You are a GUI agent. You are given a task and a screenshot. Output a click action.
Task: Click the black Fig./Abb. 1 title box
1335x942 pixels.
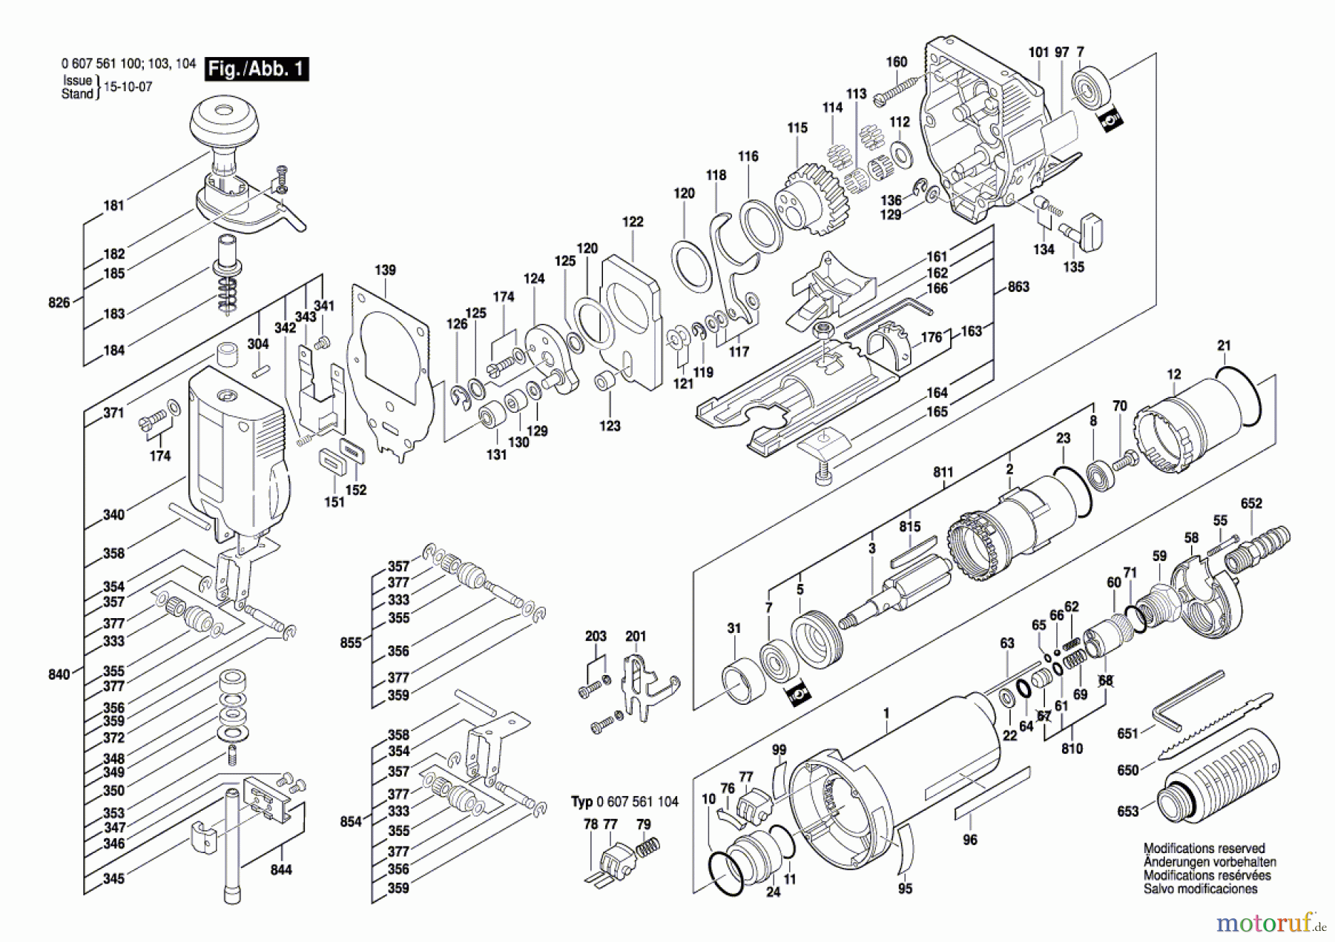pyautogui.click(x=257, y=69)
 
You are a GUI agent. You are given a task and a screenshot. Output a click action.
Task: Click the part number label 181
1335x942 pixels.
pyautogui.click(x=113, y=205)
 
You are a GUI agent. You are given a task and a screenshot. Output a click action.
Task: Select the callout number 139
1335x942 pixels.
pyautogui.click(x=385, y=271)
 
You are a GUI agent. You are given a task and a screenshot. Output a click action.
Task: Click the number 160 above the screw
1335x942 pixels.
pyautogui.click(x=897, y=62)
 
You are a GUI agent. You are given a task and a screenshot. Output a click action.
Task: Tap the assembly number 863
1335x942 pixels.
pyautogui.click(x=1018, y=287)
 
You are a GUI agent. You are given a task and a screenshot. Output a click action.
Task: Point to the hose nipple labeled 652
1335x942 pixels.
pyautogui.click(x=1260, y=549)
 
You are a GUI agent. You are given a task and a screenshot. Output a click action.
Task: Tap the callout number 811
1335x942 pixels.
pyautogui.click(x=943, y=472)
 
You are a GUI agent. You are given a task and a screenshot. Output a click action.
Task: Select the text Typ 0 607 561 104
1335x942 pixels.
pyautogui.click(x=624, y=802)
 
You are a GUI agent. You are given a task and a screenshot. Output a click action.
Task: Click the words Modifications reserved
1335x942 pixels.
pyautogui.click(x=1204, y=849)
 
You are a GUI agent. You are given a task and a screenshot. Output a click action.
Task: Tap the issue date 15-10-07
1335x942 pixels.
pyautogui.click(x=128, y=87)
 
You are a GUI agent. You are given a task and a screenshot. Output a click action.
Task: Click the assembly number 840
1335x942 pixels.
pyautogui.click(x=59, y=674)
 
